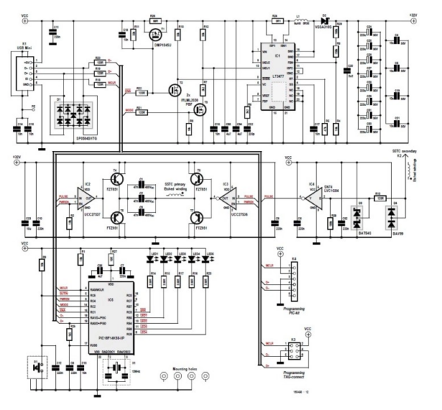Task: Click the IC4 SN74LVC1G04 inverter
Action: pyautogui.click(x=315, y=199)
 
